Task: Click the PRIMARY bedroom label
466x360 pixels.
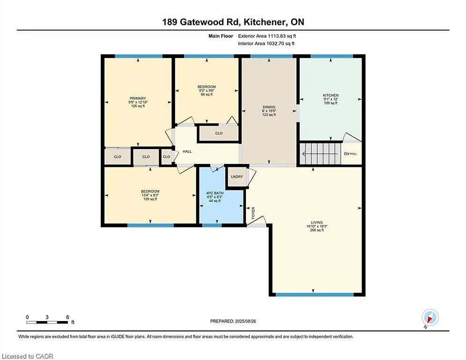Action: point(138,98)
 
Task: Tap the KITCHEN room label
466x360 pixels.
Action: point(331,95)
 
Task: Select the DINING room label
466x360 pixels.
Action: point(269,107)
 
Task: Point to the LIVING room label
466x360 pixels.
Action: point(317,223)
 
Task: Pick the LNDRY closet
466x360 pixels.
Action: point(236,177)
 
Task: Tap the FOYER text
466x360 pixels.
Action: point(253,213)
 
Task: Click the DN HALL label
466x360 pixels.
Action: point(351,154)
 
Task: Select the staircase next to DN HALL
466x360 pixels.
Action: point(320,153)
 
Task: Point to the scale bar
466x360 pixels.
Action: point(47,322)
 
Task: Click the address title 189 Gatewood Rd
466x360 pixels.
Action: point(233,22)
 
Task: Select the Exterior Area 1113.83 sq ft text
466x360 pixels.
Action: point(267,36)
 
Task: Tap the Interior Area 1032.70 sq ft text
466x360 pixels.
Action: point(266,44)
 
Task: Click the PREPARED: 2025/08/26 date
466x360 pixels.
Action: point(233,321)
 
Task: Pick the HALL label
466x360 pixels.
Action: point(187,151)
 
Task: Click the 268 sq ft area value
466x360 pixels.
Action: point(317,230)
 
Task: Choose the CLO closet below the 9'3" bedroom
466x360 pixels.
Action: point(219,133)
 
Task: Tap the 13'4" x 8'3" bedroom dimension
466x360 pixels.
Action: point(150,195)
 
